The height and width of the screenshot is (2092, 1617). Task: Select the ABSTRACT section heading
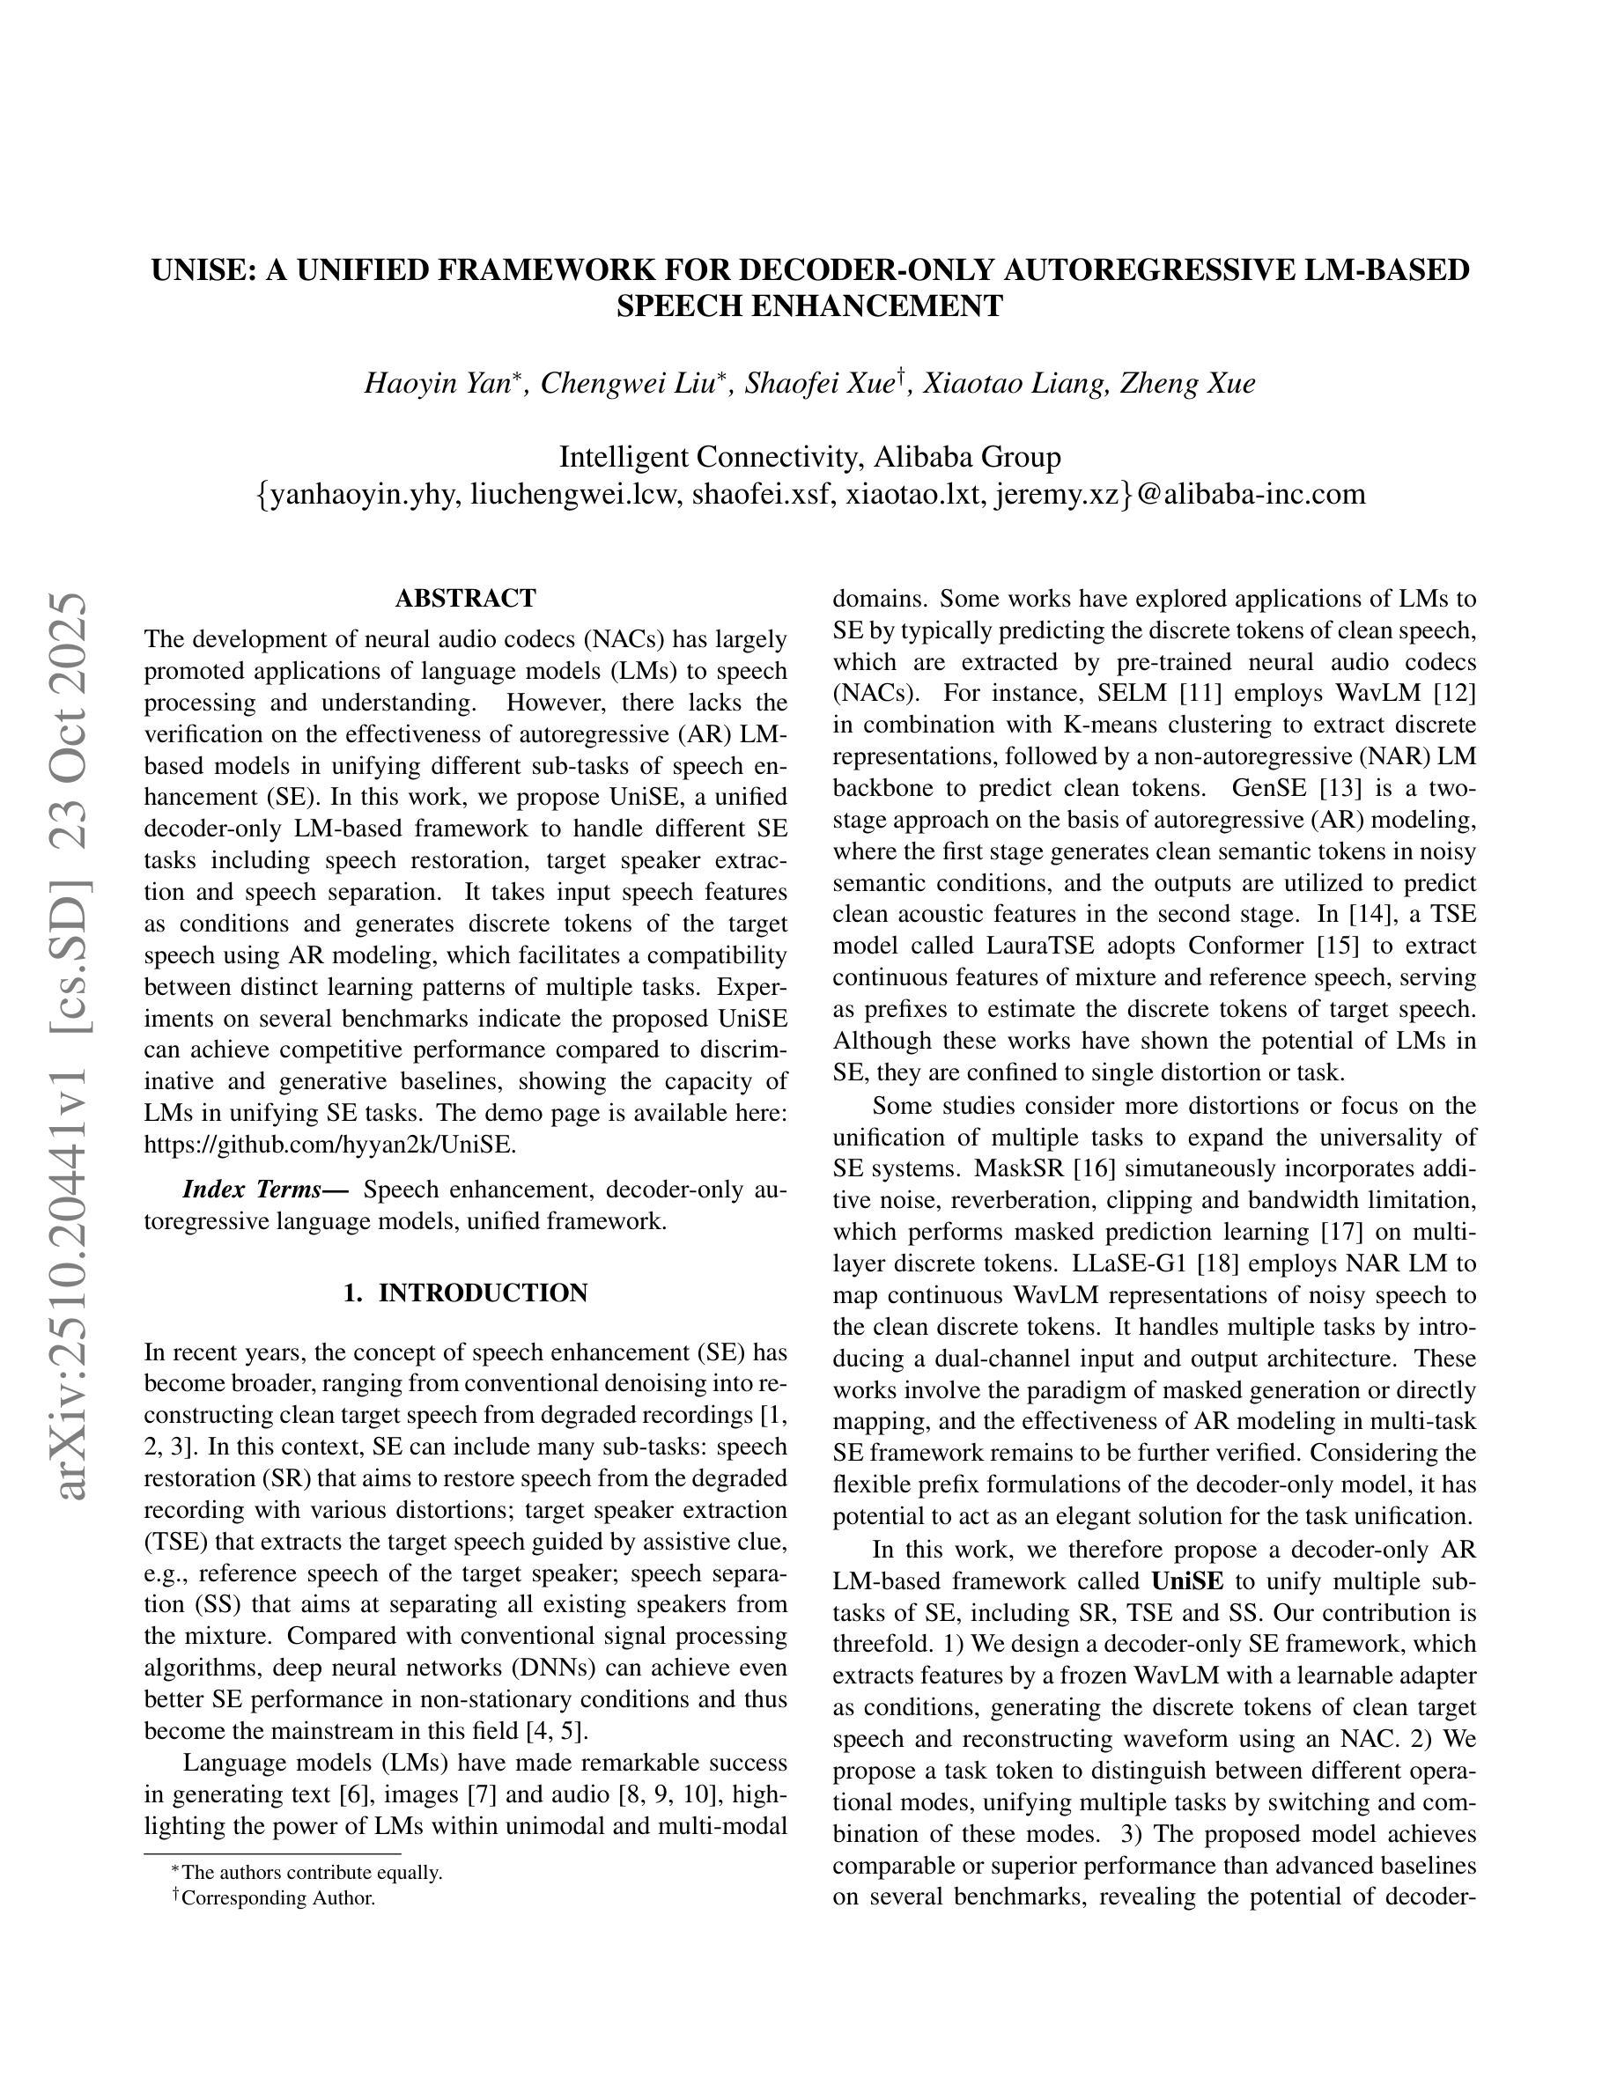[x=466, y=599]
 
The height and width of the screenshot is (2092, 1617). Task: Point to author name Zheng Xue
[x=1188, y=384]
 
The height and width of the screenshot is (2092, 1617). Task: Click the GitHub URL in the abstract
[x=329, y=1145]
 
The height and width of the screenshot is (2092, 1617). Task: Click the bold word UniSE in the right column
[x=1188, y=1581]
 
